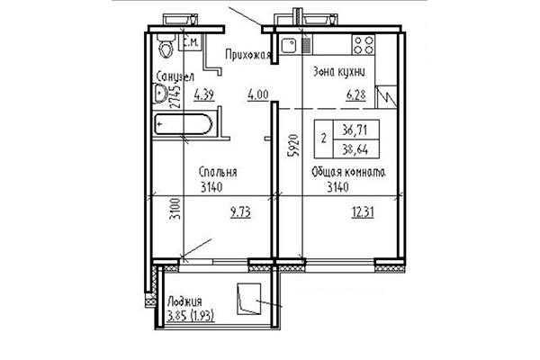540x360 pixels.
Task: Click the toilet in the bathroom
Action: tap(166, 45)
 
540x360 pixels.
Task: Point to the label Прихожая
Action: tap(249, 56)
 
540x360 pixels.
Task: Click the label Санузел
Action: tap(172, 77)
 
